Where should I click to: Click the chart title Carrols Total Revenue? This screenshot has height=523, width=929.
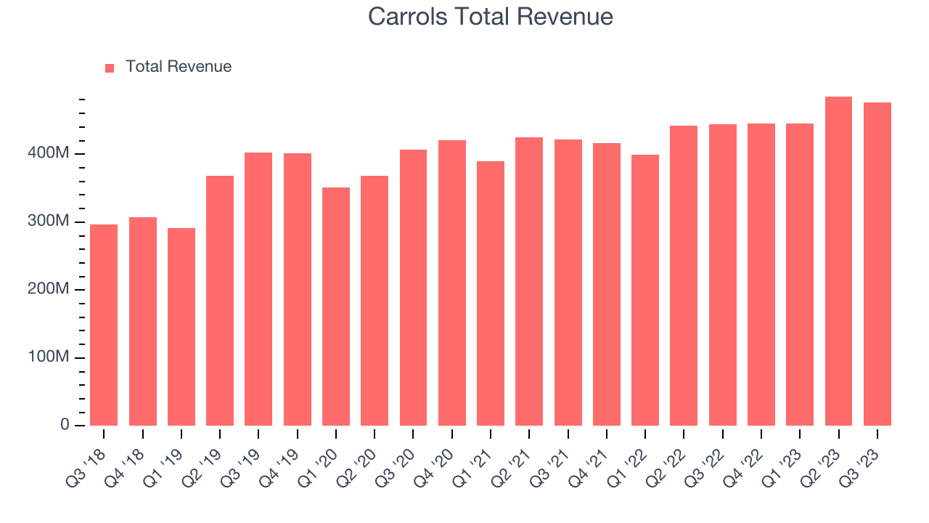tap(490, 17)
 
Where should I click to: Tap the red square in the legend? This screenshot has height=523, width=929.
tap(110, 68)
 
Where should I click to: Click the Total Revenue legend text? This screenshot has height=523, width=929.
tap(178, 67)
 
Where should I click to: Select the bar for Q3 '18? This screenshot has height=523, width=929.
tap(104, 325)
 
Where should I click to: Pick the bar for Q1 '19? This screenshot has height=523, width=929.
tap(181, 327)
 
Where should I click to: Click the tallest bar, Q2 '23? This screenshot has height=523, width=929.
tap(838, 261)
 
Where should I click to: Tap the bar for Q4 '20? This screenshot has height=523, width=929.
tap(452, 283)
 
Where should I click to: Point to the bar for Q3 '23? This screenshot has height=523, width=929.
tap(877, 264)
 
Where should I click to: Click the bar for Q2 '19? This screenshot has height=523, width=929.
tap(220, 301)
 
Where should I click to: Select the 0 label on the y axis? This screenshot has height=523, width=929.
tap(65, 425)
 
